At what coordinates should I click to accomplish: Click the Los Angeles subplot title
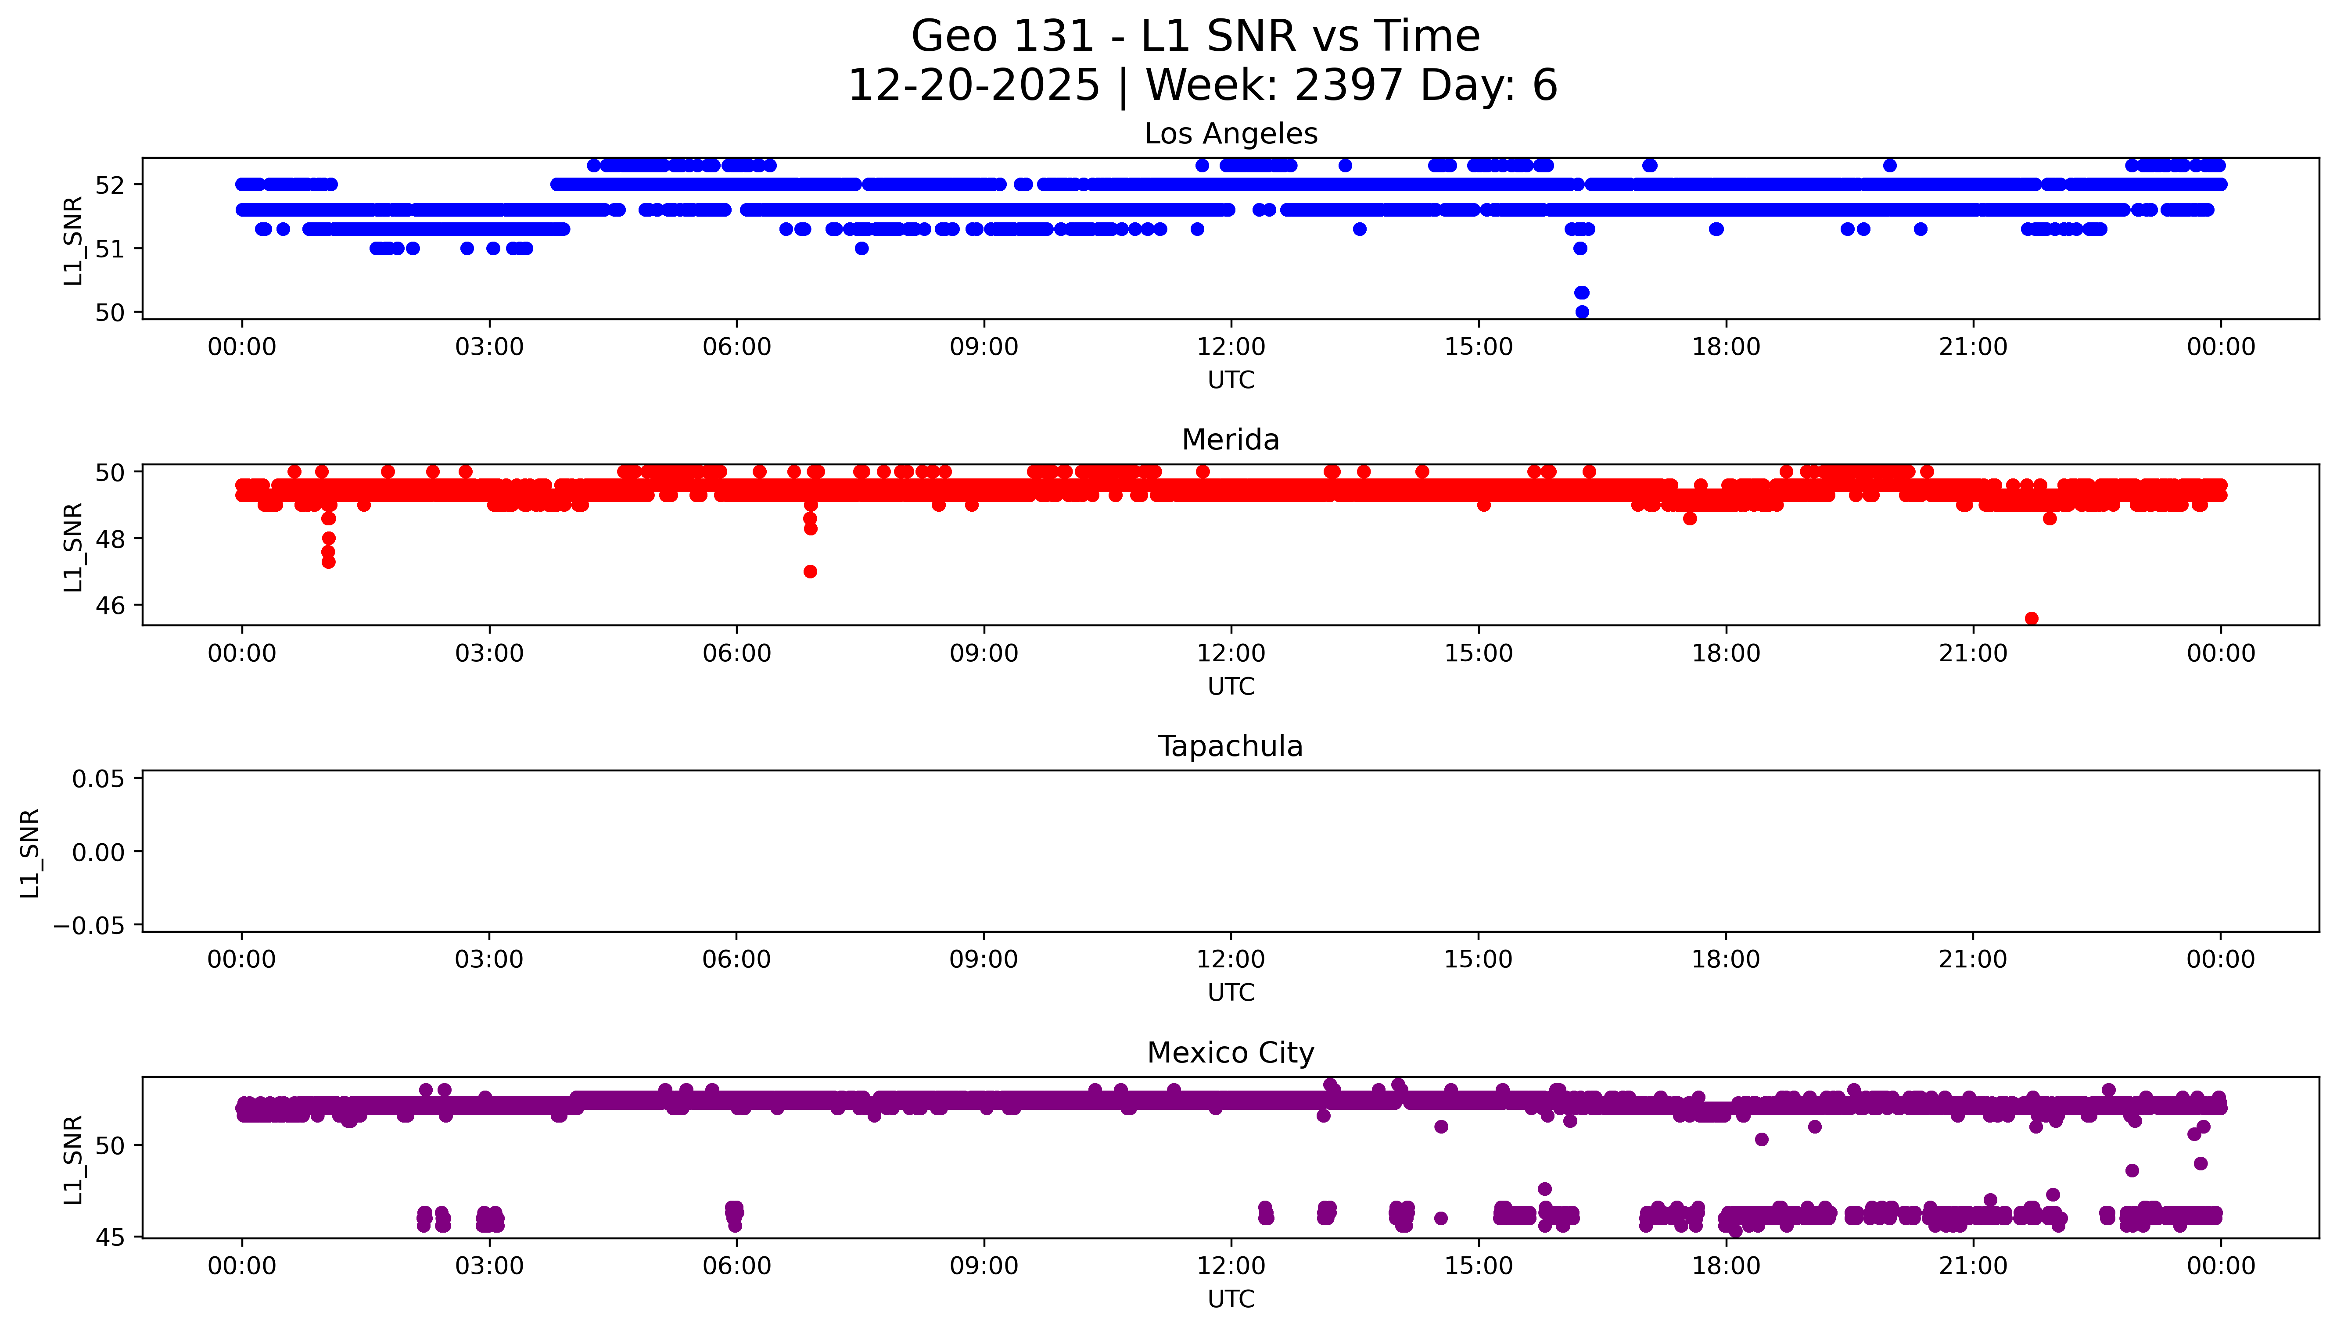[1230, 134]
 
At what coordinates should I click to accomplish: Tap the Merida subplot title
[1230, 440]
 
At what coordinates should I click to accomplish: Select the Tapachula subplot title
[1230, 746]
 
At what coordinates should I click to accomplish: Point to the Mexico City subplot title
[1230, 1053]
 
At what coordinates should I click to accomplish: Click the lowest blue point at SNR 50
[1582, 311]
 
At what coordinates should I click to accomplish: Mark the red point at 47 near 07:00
[810, 572]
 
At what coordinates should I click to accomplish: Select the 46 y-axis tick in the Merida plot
[110, 606]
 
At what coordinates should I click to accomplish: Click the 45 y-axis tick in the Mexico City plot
[110, 1238]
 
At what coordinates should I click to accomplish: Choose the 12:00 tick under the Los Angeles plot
[1231, 347]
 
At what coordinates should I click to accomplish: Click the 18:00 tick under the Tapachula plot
[1726, 960]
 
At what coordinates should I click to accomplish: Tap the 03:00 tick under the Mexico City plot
[489, 1266]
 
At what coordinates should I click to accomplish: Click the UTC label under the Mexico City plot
[1230, 1299]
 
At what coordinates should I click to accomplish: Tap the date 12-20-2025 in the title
[973, 86]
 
